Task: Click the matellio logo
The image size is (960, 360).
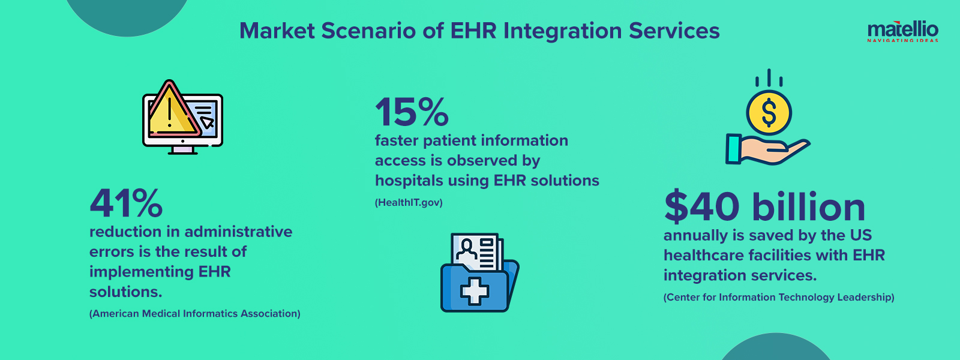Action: tap(902, 31)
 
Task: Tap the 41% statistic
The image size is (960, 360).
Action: tap(126, 204)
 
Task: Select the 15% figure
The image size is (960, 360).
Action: tap(412, 112)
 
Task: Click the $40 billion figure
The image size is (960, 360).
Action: tap(764, 207)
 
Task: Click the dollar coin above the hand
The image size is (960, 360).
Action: tap(769, 112)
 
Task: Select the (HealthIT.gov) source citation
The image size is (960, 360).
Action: tap(409, 203)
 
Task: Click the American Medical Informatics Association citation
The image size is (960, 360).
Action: tap(195, 314)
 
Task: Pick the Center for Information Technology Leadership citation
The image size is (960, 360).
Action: tap(779, 298)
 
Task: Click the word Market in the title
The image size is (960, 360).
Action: tap(277, 31)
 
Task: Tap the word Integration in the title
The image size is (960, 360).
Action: tap(561, 31)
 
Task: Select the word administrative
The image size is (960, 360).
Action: tap(238, 232)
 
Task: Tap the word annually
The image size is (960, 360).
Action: tap(695, 236)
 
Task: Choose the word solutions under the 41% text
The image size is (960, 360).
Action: tap(125, 292)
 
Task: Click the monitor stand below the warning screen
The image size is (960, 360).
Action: tap(182, 150)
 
